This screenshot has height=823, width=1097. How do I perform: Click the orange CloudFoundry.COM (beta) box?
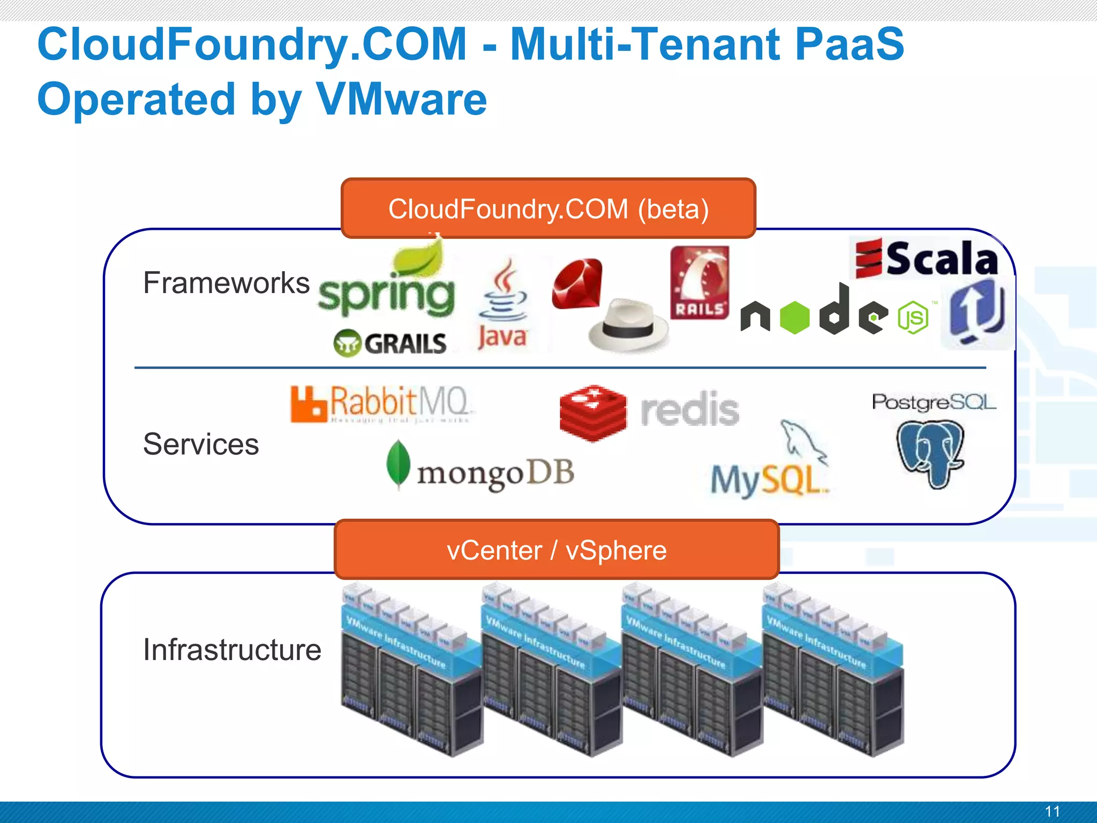click(x=548, y=208)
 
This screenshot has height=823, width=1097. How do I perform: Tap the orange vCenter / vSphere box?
click(x=557, y=550)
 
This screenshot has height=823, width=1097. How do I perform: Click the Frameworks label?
click(x=226, y=283)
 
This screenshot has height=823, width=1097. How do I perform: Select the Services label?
click(x=201, y=444)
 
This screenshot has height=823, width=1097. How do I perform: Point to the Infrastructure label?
click(x=232, y=650)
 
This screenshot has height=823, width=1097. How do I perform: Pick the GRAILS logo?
click(x=390, y=343)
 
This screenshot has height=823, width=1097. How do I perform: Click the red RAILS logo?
click(x=700, y=282)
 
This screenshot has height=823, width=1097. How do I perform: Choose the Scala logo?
click(x=927, y=259)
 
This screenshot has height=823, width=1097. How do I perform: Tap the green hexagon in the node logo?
click(x=794, y=318)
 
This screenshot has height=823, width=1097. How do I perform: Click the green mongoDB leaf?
click(x=398, y=464)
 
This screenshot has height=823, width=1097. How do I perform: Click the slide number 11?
click(x=1052, y=811)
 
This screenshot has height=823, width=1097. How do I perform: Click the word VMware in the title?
click(x=401, y=100)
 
